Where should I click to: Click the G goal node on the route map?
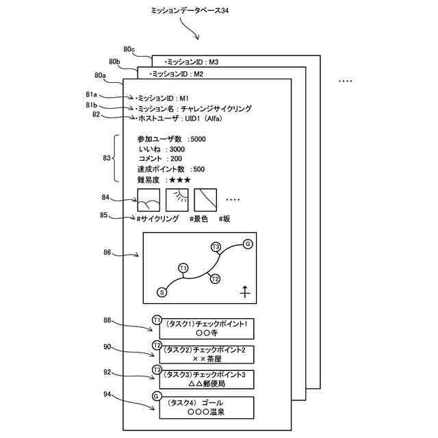(x=248, y=244)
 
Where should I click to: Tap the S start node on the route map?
(x=162, y=292)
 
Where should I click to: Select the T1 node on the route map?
(x=183, y=268)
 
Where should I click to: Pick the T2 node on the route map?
(x=215, y=279)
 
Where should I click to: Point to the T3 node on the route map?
(x=216, y=247)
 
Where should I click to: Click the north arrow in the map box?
(x=245, y=292)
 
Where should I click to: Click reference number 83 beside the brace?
(x=107, y=158)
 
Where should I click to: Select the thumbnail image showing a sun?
(x=177, y=200)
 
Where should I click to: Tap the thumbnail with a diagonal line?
(x=205, y=200)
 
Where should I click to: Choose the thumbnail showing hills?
(x=149, y=200)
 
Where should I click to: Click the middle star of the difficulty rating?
(x=180, y=180)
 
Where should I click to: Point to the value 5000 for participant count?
(x=198, y=139)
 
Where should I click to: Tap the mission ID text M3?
(x=214, y=62)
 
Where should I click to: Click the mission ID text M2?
(x=198, y=74)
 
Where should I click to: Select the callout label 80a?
(x=100, y=75)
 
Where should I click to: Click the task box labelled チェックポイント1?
(x=207, y=328)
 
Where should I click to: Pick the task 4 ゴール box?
(x=207, y=408)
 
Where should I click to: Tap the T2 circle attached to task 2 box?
(x=157, y=345)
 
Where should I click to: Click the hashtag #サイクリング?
(x=157, y=219)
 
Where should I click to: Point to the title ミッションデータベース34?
(x=190, y=11)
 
